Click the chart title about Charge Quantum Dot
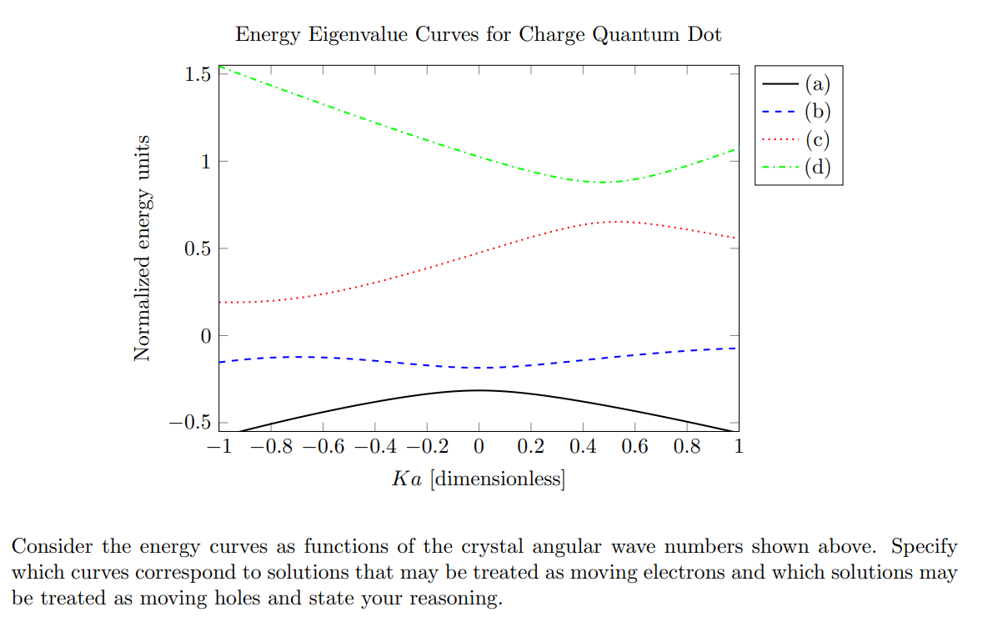pos(478,34)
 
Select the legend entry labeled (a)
pos(818,83)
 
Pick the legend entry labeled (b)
pos(818,111)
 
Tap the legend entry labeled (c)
pos(818,139)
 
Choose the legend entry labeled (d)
pos(818,168)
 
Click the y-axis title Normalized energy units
pos(143,248)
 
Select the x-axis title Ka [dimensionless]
pos(478,479)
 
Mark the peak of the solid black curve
pos(478,389)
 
